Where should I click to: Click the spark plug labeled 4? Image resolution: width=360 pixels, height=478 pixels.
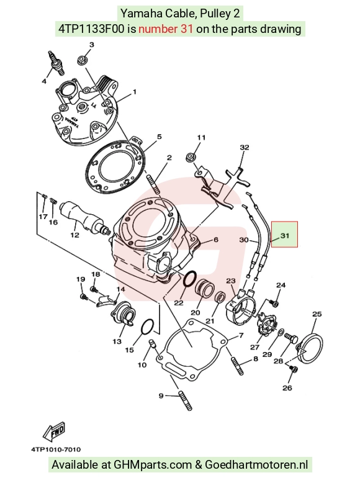click(56, 63)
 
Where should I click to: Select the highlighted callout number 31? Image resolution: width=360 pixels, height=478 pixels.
click(284, 235)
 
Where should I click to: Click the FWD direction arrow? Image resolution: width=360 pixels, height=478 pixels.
click(54, 431)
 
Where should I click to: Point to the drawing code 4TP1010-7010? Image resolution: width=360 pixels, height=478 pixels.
click(56, 449)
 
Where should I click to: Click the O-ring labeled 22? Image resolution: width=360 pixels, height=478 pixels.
click(190, 279)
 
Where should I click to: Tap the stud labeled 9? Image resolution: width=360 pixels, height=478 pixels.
click(186, 400)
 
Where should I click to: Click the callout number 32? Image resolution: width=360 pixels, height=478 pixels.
click(244, 147)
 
